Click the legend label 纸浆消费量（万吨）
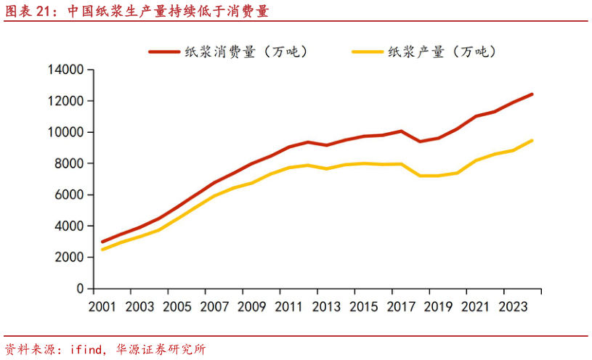coord(247,52)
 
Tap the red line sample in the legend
coord(164,52)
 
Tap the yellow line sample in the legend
coord(367,52)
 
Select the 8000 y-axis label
coord(68,164)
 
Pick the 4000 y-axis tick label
coord(68,226)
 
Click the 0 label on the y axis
coord(80,289)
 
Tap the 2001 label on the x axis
coord(102,307)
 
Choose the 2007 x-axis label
coord(215,307)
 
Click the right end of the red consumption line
coord(532,94)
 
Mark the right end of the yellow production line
coord(532,141)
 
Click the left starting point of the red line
coord(102,242)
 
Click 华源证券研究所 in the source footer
coord(161,349)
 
